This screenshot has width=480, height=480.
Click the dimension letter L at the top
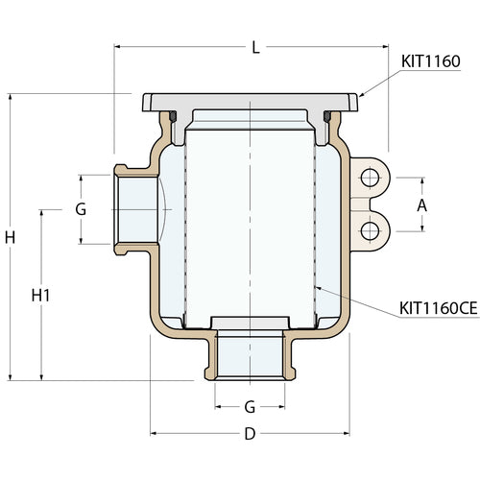(254, 46)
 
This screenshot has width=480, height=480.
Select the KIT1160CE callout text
(438, 309)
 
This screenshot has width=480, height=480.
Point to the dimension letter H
(11, 236)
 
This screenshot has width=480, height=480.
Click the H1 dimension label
(40, 296)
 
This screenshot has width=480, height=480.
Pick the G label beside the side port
(81, 208)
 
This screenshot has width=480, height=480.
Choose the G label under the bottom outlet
(250, 407)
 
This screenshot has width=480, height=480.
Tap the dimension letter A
(421, 205)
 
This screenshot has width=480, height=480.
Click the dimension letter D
(250, 434)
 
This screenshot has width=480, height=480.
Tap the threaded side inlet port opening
(134, 208)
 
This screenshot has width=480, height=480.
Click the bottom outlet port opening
(250, 355)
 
